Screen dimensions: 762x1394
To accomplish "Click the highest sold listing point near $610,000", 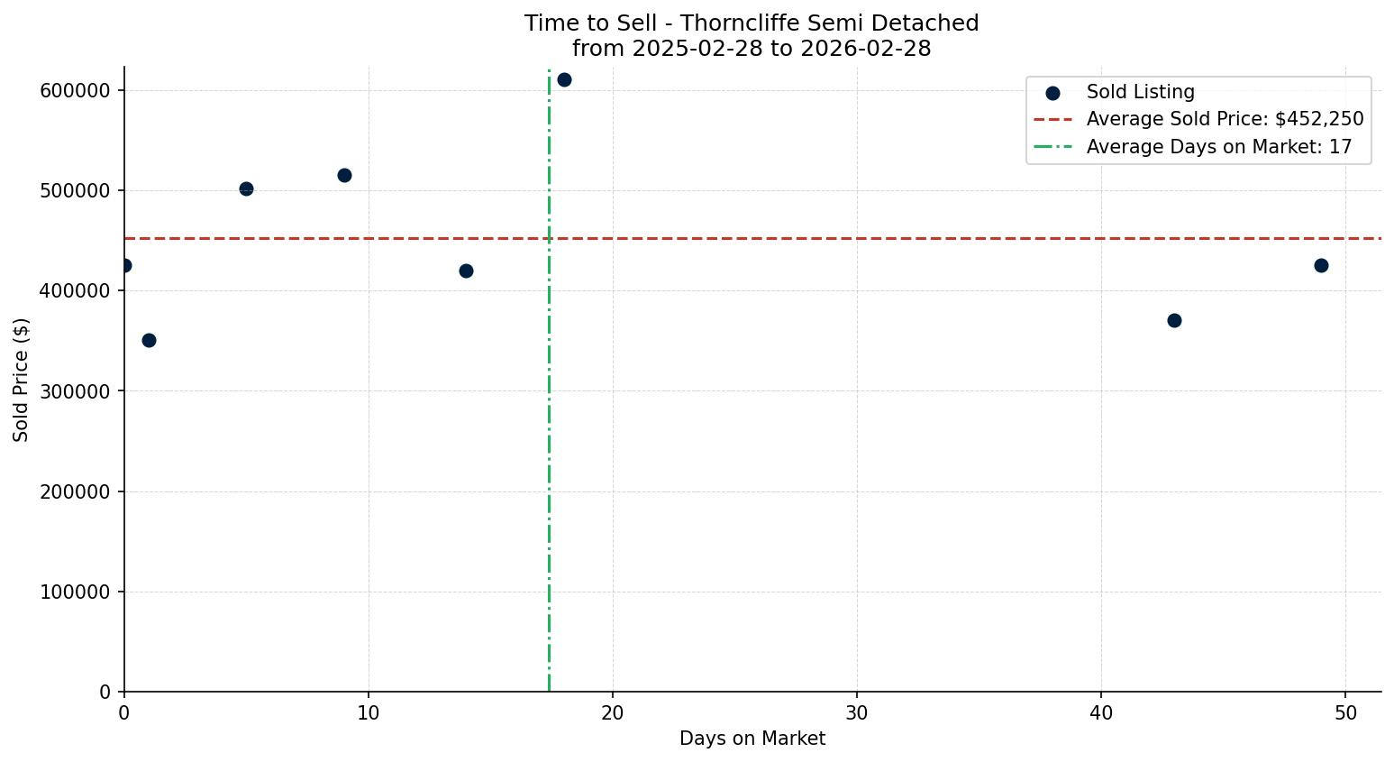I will pos(564,79).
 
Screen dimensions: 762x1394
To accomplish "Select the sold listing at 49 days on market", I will pos(1321,265).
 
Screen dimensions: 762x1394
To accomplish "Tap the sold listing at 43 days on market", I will pos(1174,320).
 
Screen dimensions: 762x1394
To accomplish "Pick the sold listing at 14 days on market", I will pos(466,271).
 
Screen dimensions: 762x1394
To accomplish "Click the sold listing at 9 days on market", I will pos(344,175).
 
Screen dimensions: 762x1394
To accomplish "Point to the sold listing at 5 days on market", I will pos(246,188).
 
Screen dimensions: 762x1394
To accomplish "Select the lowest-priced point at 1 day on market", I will pos(149,340).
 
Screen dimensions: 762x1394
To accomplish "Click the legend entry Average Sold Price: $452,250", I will pos(1225,119).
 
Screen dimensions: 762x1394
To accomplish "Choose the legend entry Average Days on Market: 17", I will pos(1218,147).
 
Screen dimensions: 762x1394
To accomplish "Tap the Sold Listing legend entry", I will pos(1140,92).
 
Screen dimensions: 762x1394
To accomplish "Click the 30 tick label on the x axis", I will pos(857,712).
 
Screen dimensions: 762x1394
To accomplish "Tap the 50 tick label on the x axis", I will pos(1345,712).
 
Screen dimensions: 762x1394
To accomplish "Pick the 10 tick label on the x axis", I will pos(369,712).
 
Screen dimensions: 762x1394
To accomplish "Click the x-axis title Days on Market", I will pos(752,739).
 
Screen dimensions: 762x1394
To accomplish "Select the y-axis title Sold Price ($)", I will pos(21,380).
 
